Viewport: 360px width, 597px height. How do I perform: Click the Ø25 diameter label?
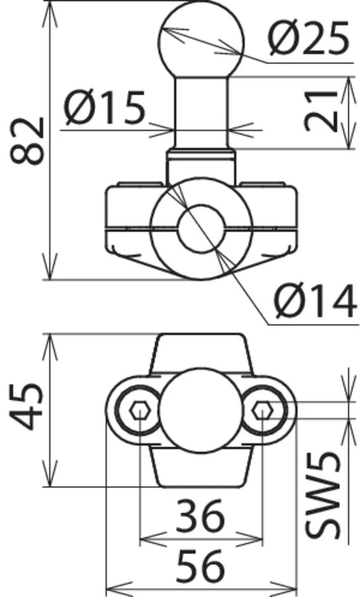tap(309, 38)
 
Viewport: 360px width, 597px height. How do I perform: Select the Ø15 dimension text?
tap(105, 107)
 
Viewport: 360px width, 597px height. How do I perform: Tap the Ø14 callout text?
tap(316, 302)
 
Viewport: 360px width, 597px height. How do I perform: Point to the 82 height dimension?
tap(27, 141)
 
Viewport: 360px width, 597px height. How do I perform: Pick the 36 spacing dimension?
tap(200, 516)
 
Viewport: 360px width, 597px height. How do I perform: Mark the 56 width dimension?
tap(200, 566)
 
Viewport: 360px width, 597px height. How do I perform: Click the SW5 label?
tap(322, 495)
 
